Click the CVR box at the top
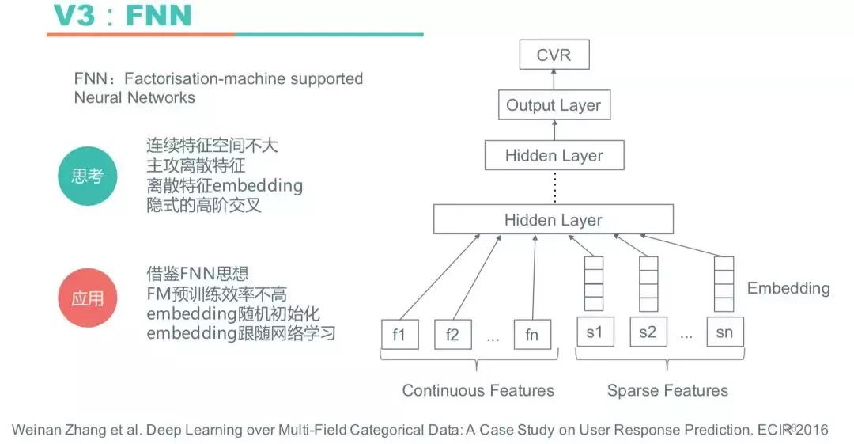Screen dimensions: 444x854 click(x=554, y=56)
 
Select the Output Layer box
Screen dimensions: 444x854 click(x=554, y=105)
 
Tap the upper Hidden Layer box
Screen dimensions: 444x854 click(x=554, y=155)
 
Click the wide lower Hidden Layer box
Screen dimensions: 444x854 click(x=554, y=219)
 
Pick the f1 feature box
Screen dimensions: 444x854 click(x=399, y=334)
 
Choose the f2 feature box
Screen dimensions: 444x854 click(x=452, y=334)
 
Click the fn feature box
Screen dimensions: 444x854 click(x=531, y=334)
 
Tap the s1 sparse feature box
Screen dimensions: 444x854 click(x=594, y=332)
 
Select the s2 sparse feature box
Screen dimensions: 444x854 click(x=648, y=332)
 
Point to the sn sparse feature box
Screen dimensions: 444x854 click(x=724, y=332)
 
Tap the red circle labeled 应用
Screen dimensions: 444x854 click(x=87, y=299)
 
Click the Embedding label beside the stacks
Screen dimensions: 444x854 click(x=788, y=288)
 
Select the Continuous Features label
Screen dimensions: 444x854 click(x=478, y=390)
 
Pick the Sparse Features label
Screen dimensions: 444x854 click(x=667, y=390)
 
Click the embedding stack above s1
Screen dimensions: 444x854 click(x=594, y=283)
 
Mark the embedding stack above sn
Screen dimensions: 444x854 click(x=724, y=283)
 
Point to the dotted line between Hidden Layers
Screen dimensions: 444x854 click(x=554, y=187)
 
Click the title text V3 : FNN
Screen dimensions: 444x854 click(x=122, y=15)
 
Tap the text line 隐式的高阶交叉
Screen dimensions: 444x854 click(x=204, y=205)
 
